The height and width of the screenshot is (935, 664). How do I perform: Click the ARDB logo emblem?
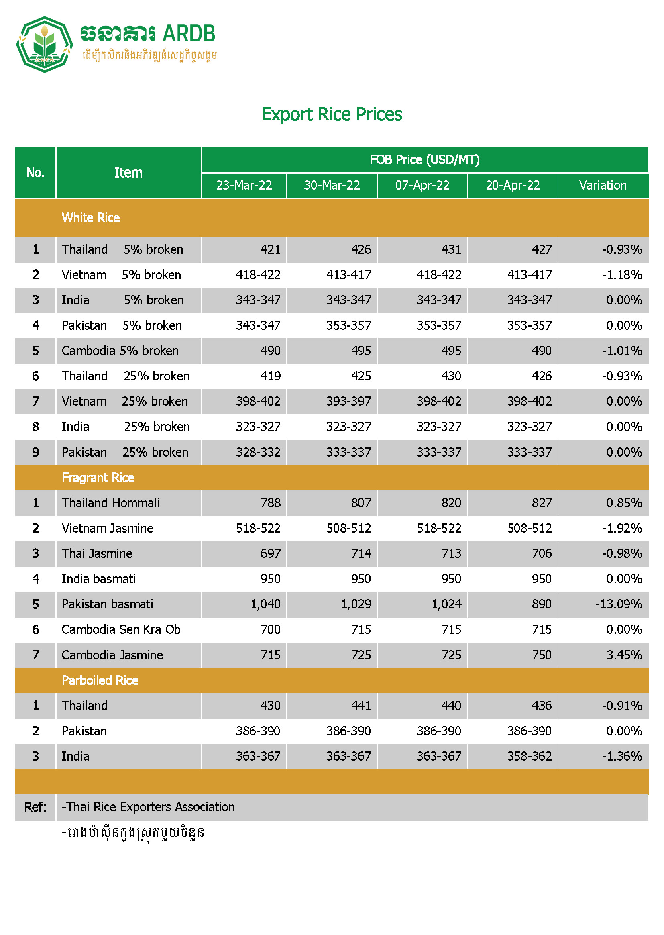(44, 44)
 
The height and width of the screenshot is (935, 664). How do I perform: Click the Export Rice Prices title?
(332, 114)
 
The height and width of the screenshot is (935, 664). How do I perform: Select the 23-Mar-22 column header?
(244, 185)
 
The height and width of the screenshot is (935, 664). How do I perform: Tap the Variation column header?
(603, 185)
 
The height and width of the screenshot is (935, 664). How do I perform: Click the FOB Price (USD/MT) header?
(424, 159)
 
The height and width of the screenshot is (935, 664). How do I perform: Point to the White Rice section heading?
(91, 218)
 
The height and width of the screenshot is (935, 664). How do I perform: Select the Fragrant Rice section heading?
(98, 477)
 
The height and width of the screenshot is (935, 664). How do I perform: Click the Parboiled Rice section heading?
(100, 680)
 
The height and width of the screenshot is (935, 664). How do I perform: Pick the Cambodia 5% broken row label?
(120, 351)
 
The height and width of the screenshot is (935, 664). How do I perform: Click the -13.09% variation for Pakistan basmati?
(618, 604)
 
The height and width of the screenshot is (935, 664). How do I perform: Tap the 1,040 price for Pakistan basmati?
(265, 604)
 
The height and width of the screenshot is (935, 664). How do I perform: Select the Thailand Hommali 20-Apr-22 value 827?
(541, 503)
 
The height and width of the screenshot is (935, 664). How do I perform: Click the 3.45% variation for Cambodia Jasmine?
(624, 655)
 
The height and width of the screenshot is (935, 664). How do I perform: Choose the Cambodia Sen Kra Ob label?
(121, 629)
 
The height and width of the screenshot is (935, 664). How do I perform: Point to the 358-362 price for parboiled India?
(529, 756)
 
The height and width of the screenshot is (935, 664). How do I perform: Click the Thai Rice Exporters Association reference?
(148, 807)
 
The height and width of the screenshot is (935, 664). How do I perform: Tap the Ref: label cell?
(35, 807)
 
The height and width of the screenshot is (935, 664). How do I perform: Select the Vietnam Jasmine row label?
(107, 528)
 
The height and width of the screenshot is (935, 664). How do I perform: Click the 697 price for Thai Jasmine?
(270, 553)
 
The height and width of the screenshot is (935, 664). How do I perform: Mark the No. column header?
(35, 173)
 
